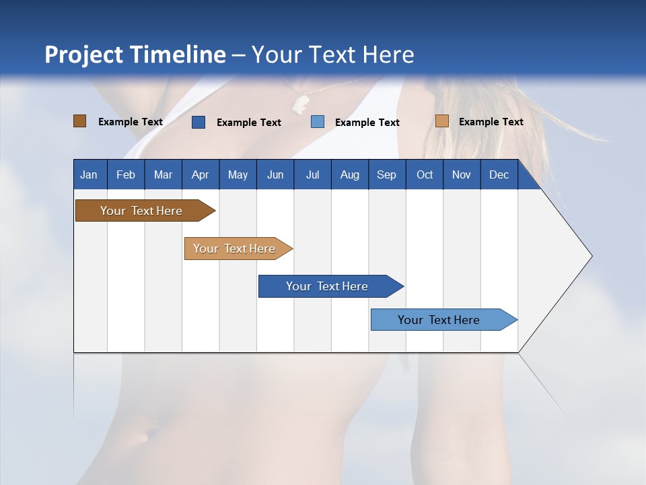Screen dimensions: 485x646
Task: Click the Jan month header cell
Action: click(x=89, y=174)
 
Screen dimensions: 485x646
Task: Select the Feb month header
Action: click(x=126, y=174)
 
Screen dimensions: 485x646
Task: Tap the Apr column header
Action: click(x=201, y=174)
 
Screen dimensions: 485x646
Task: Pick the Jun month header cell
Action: click(x=275, y=174)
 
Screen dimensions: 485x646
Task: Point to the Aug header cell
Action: click(x=350, y=174)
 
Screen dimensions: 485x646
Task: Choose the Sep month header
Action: click(x=387, y=174)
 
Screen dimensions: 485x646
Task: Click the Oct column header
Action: click(x=425, y=174)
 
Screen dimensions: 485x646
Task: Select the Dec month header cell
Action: click(x=499, y=174)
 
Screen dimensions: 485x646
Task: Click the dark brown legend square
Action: click(x=79, y=121)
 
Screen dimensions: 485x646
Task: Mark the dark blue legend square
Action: click(x=199, y=122)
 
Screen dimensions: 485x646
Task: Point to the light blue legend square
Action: click(x=318, y=122)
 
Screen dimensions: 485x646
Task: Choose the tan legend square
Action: click(x=441, y=121)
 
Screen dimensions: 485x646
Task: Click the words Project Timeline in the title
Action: click(x=135, y=55)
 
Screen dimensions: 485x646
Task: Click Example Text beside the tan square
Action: click(x=491, y=122)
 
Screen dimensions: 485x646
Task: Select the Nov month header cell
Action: click(x=462, y=174)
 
